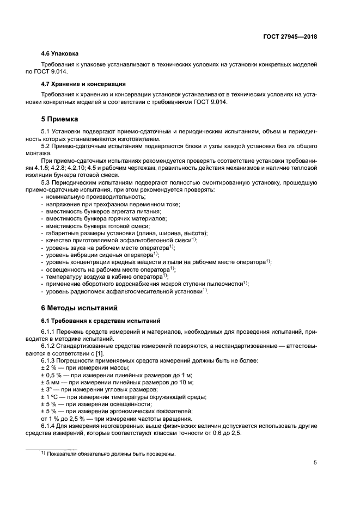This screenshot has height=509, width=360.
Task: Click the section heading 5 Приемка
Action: pos(60,119)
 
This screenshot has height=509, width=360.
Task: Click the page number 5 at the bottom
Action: pos(315,463)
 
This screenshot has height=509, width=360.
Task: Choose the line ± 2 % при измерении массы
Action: pos(80,368)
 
